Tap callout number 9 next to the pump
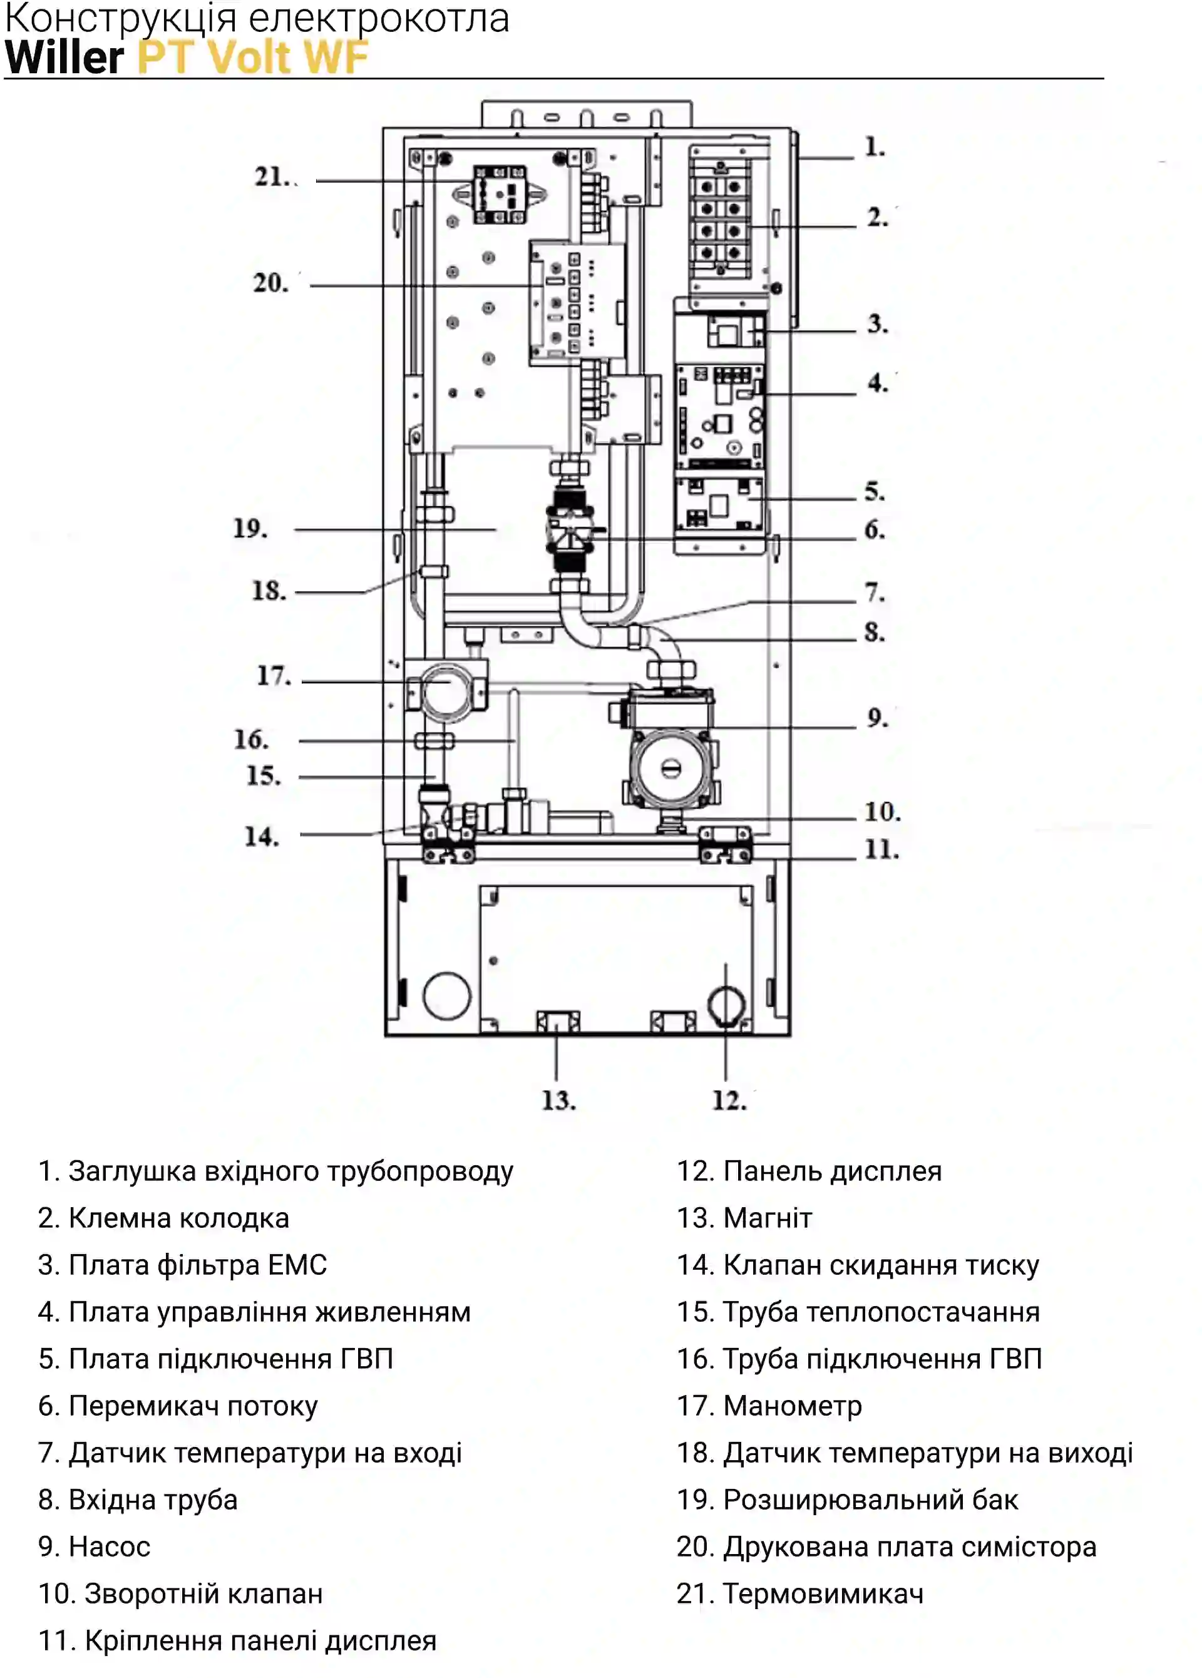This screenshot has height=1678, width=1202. click(876, 718)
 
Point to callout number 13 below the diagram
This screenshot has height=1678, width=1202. click(558, 1100)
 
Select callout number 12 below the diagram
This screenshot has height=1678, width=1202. click(729, 1100)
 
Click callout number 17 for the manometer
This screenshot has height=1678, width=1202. click(274, 676)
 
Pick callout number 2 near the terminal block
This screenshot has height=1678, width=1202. click(876, 217)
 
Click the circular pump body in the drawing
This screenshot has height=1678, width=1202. click(671, 769)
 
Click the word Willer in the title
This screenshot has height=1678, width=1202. click(64, 57)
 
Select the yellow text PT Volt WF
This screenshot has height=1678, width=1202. click(253, 57)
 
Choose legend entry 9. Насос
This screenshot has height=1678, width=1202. click(94, 1547)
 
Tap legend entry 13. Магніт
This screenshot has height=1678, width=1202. click(744, 1218)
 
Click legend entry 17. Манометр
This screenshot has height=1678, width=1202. click(769, 1406)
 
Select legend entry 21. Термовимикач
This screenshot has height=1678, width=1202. click(800, 1593)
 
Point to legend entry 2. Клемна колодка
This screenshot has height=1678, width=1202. click(163, 1218)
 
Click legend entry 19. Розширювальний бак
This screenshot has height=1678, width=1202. click(848, 1500)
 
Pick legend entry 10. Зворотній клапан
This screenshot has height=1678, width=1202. click(180, 1593)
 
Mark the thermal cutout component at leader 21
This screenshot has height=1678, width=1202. click(500, 195)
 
